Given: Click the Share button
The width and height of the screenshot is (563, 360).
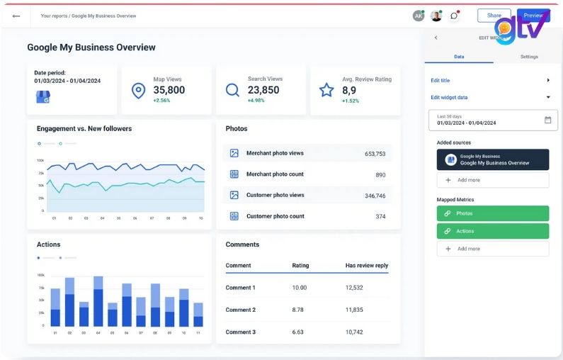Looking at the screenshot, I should click(494, 16).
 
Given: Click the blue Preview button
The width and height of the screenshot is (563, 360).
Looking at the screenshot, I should click(533, 16).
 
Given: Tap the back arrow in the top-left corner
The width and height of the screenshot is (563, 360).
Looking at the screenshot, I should click(16, 16).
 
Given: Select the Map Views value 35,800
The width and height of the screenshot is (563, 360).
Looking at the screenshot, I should click(169, 90).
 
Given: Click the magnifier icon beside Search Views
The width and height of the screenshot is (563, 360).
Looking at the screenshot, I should click(232, 90).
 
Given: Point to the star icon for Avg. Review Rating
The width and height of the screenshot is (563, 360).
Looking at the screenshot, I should click(326, 90).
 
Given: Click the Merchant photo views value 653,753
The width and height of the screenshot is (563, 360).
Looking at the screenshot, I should click(375, 153).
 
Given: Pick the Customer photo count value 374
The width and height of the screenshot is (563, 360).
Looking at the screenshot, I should click(380, 216).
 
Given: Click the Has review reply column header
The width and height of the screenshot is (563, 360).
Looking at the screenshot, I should click(367, 266).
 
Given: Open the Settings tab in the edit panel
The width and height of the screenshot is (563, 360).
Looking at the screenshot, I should click(529, 57).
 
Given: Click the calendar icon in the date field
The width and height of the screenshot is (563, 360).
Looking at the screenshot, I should click(547, 120).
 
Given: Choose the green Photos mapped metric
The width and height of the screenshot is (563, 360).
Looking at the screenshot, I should click(493, 213).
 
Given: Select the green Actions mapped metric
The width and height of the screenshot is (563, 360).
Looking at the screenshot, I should click(493, 231).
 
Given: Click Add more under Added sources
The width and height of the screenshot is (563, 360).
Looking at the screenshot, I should click(493, 180).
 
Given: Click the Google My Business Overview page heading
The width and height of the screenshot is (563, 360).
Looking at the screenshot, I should click(91, 47).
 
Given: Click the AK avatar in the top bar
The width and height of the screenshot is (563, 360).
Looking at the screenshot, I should click(419, 16).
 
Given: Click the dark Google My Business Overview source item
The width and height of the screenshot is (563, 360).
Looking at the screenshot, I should click(493, 159).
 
